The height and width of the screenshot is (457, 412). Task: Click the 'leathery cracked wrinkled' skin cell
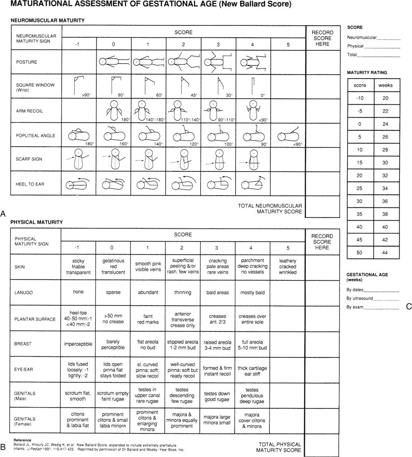[288, 267]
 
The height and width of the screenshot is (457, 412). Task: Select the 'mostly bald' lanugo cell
[252, 293]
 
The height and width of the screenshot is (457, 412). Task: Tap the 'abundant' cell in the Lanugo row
[148, 293]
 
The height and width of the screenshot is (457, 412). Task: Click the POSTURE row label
[27, 62]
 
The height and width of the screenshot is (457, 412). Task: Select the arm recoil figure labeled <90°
[252, 110]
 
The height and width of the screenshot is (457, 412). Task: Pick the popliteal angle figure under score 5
[288, 135]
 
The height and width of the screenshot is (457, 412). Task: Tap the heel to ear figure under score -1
[78, 184]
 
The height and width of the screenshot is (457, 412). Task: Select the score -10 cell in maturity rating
[360, 98]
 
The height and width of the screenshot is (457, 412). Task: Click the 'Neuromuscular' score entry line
[389, 37]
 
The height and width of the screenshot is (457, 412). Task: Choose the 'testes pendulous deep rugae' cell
[252, 396]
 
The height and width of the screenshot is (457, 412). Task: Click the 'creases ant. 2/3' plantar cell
[218, 319]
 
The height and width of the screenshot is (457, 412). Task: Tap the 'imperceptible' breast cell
[78, 344]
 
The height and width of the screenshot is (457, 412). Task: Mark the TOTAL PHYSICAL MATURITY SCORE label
[280, 447]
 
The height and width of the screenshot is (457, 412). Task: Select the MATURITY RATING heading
[367, 72]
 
